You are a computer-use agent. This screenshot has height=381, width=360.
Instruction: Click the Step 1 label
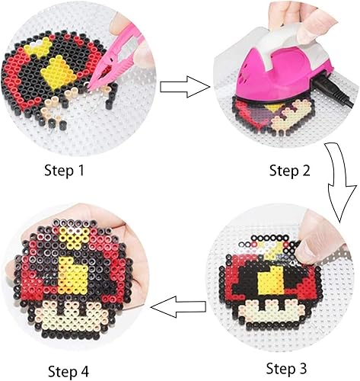point(64,171)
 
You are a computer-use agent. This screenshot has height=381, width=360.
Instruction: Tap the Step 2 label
point(289,171)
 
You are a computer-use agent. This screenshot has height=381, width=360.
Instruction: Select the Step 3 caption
point(286,368)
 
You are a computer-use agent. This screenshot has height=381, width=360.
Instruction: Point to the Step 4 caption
point(68,371)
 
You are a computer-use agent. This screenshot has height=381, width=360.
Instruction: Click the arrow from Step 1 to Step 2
point(185,87)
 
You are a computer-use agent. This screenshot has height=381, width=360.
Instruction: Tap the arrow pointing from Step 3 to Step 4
point(178,306)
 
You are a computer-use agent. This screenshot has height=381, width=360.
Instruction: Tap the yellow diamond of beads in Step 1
point(59,73)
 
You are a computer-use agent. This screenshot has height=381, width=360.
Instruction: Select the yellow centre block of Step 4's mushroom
point(71,277)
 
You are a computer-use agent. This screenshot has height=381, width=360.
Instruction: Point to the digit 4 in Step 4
point(84,372)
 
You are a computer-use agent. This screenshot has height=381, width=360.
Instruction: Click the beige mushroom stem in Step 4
point(71,315)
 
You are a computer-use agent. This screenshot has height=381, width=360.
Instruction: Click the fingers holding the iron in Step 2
point(302,19)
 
